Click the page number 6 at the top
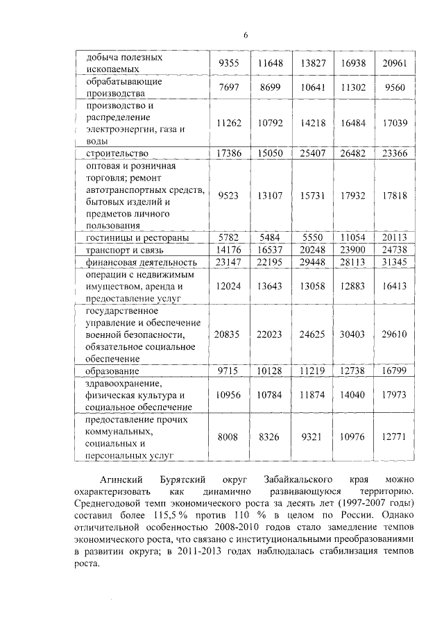click(x=245, y=37)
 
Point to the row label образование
click(x=114, y=371)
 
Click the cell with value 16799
click(x=394, y=371)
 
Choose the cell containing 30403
click(x=353, y=334)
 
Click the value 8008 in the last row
click(x=229, y=438)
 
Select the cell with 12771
click(x=394, y=438)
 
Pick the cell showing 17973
click(x=394, y=396)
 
